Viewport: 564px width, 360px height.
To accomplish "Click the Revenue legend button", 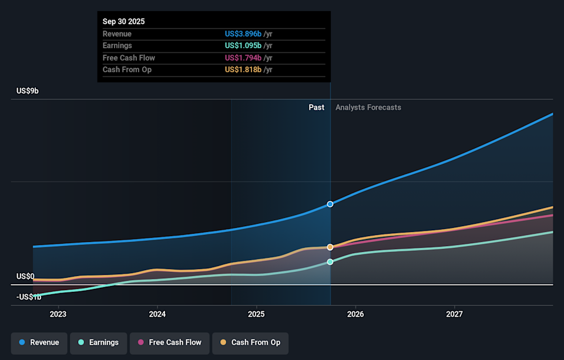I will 39,342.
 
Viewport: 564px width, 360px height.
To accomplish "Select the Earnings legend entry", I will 98,342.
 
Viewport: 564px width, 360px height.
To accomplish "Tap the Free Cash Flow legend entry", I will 169,342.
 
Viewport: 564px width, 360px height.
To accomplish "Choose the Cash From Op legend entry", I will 250,342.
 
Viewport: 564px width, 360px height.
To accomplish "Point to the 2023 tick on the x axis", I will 58,314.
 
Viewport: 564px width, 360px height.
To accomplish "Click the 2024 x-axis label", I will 157,314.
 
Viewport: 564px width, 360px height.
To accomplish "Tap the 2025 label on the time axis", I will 256,314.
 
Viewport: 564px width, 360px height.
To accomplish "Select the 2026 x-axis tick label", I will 355,314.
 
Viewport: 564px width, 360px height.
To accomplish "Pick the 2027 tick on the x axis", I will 454,314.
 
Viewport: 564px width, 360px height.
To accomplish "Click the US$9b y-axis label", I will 28,91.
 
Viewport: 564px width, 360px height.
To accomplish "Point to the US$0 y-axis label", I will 25,276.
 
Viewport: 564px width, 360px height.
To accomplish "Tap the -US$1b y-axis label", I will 29,297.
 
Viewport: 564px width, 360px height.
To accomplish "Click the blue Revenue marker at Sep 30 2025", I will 330,204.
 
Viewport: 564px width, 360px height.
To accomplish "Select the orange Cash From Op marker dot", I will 330,247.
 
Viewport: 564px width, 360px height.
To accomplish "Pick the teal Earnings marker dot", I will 330,262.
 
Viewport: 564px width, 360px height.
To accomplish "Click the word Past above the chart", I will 316,107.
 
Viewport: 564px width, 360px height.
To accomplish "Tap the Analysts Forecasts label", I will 368,107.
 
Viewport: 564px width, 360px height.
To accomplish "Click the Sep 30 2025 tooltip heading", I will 123,22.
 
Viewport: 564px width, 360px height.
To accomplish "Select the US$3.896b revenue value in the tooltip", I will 243,34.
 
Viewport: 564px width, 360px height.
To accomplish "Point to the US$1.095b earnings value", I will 243,46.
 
